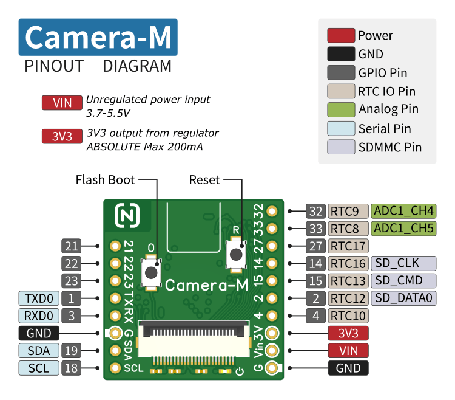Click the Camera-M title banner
point(98,38)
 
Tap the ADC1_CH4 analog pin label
point(403,212)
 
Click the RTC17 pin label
point(348,246)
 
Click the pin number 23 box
point(71,281)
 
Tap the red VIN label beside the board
point(348,350)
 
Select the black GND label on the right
point(348,368)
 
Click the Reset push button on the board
point(235,254)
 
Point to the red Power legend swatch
point(340,36)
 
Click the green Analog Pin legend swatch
point(340,110)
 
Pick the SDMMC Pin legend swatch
point(340,147)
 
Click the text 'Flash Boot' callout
point(105,180)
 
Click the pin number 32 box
point(315,212)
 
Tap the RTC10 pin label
point(348,316)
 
